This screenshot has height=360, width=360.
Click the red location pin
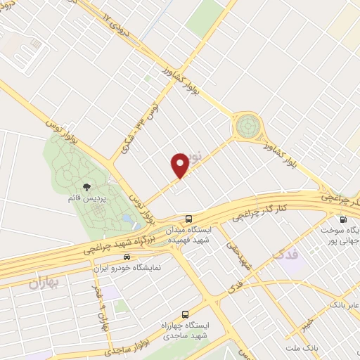click(180, 165)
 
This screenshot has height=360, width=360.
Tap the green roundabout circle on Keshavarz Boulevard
click(247, 127)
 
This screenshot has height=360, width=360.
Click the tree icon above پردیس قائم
click(86, 187)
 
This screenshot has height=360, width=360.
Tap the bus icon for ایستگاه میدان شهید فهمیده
click(188, 218)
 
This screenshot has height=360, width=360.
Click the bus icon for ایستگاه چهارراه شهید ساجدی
click(185, 314)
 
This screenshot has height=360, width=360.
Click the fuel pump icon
click(342, 218)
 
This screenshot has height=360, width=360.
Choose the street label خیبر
click(304, 320)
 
